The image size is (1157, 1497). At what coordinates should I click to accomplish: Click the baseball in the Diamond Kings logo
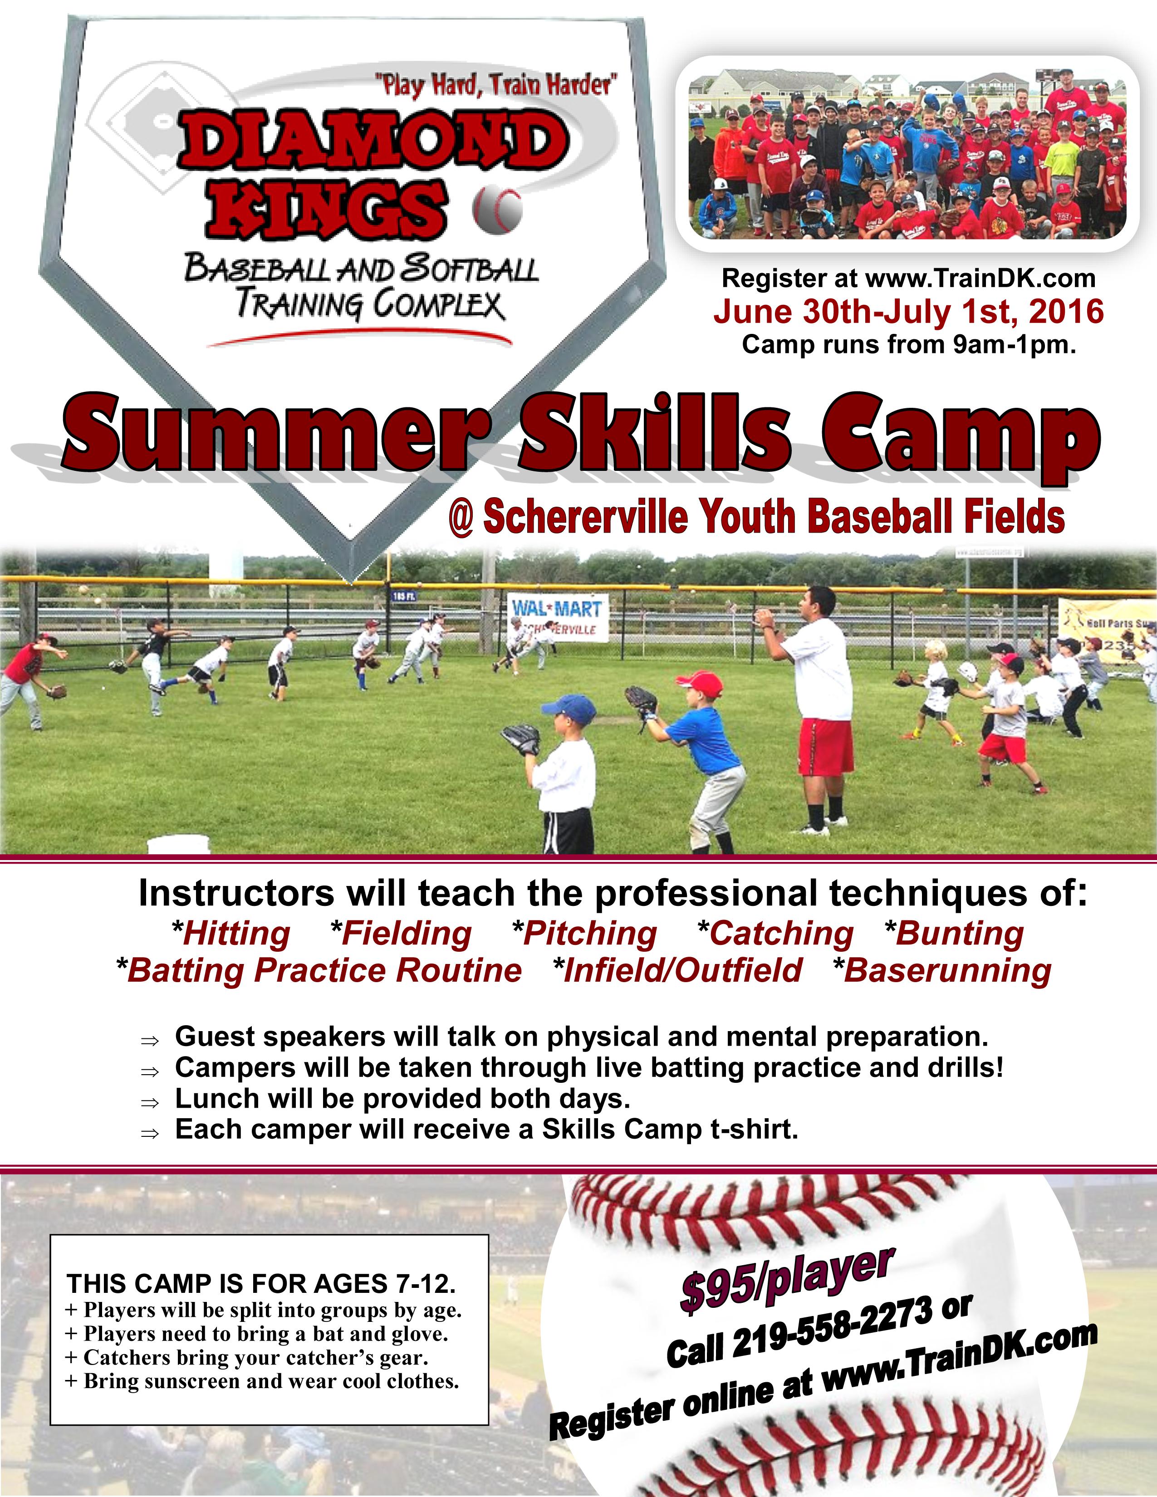497,208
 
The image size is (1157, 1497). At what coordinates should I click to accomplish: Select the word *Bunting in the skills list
954,934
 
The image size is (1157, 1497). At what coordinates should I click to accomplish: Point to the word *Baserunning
942,971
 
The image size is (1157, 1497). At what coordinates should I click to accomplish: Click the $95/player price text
787,1279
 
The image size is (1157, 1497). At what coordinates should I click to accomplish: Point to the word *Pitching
585,934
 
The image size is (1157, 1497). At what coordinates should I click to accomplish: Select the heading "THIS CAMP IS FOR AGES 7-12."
261,1283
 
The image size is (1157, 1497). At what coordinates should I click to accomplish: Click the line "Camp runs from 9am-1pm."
908,344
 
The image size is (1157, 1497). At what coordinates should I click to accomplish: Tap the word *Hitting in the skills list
231,934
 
